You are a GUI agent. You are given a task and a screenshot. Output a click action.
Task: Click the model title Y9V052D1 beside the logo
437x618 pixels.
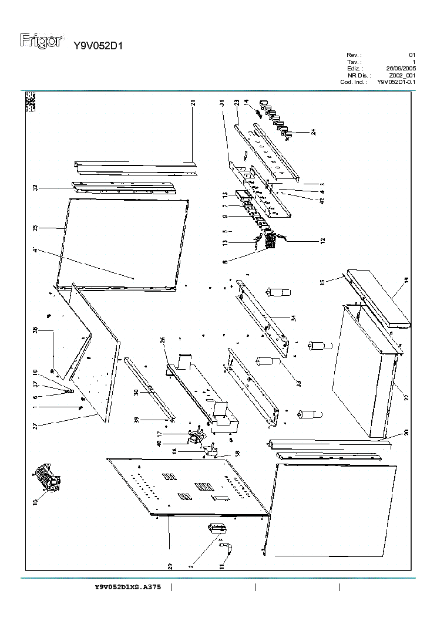pos(98,46)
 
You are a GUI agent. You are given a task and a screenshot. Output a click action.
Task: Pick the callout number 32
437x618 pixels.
pos(36,188)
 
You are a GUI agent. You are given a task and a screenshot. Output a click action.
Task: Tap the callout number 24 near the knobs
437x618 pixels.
pos(314,132)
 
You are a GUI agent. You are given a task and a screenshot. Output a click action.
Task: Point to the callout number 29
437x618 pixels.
pos(170,566)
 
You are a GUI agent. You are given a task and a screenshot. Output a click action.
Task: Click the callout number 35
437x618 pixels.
pos(322,282)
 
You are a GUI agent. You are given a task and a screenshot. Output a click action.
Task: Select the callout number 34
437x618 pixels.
pos(292,318)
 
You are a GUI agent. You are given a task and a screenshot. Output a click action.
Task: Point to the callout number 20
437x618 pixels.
pos(406,433)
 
